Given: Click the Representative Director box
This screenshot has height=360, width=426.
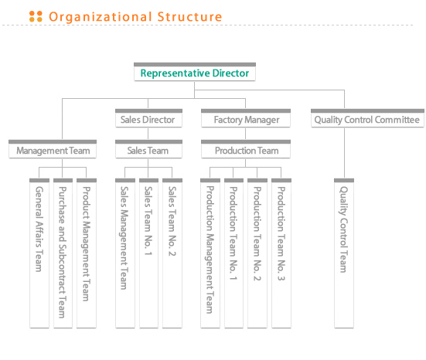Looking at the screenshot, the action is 195,72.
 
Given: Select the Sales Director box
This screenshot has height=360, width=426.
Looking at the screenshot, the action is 148,118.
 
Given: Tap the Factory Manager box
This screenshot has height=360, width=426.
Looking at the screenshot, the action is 246,118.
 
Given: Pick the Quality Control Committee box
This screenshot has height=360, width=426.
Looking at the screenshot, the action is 367,118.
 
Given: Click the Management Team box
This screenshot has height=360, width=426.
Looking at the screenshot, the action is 53,149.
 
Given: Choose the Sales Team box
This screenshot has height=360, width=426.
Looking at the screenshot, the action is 148,149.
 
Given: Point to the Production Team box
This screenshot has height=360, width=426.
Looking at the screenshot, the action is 246,149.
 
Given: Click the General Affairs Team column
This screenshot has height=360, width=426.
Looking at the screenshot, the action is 39,253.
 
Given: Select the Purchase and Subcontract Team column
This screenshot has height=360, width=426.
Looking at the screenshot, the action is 63,253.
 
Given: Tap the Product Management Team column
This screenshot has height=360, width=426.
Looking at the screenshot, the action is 87,253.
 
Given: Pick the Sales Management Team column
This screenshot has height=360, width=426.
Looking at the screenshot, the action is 125,253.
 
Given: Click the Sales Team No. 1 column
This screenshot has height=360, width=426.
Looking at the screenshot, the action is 148,253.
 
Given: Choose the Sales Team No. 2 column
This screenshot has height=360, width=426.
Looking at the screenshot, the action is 172,253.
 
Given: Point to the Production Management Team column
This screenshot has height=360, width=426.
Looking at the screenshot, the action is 210,253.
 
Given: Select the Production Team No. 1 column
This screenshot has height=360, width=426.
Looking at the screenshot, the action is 233,253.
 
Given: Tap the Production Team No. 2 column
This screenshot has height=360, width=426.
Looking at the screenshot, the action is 257,253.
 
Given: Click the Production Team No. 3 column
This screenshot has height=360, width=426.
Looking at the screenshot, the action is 281,253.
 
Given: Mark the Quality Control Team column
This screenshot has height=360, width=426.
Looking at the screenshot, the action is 344,253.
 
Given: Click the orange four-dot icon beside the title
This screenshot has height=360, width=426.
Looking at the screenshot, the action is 36,16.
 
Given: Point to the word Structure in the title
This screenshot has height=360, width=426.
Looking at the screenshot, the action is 189,17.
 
